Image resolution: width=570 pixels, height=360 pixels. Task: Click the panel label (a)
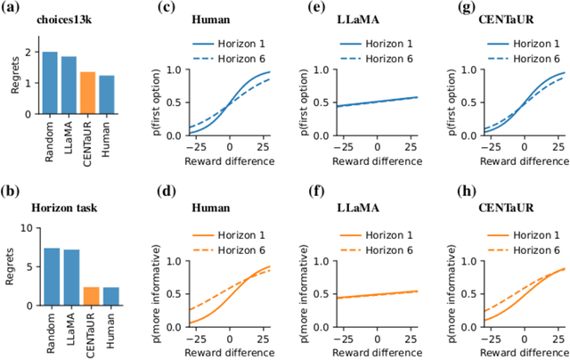(x=12, y=9)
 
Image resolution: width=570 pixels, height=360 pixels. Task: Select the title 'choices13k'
(x=59, y=17)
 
